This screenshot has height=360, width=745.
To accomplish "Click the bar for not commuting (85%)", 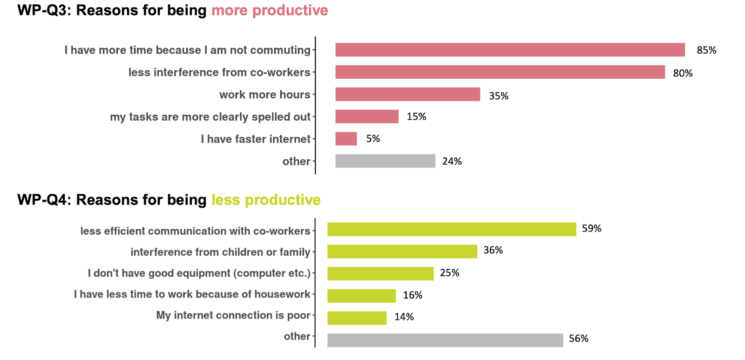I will click(510, 50).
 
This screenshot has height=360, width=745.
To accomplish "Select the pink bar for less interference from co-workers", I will click(500, 72).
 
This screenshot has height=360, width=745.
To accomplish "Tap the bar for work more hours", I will click(407, 94).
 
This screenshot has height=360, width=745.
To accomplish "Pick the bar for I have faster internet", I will click(346, 139).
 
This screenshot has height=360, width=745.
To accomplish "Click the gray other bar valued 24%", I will click(385, 161).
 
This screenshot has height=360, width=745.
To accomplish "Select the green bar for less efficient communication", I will click(452, 229).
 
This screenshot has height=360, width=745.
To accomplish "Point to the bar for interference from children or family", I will click(402, 251).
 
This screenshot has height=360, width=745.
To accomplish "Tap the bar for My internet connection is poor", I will click(357, 318).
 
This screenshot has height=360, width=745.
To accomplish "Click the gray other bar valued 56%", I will click(445, 340).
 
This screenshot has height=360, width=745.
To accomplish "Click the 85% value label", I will click(706, 50).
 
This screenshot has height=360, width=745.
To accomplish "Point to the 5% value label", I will click(373, 139).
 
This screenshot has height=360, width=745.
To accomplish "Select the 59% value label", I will click(591, 229).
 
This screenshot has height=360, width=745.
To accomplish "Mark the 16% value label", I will click(413, 295).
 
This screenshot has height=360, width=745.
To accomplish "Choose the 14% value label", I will click(404, 317).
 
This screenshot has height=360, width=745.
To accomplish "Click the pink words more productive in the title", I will click(270, 10).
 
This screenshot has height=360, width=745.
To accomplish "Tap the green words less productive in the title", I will click(266, 200).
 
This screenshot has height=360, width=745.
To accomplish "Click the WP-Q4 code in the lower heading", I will click(42, 200).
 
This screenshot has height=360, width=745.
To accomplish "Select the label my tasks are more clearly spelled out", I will click(210, 117).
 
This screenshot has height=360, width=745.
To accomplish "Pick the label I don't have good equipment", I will click(199, 273).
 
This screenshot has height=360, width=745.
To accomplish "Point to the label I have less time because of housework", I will click(192, 294).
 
